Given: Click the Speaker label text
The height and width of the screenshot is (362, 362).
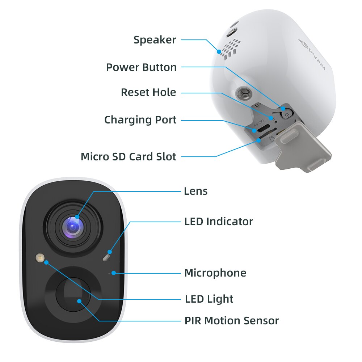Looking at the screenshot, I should point(155,40).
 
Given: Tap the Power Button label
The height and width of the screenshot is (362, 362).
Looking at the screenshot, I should point(141,67).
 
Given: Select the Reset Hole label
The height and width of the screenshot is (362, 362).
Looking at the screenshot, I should point(148,92).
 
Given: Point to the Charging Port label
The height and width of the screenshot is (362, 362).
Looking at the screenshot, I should point(140,120).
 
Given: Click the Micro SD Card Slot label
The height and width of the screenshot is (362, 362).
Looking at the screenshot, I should point(129,157).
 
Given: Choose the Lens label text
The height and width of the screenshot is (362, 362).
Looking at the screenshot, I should point(195,191).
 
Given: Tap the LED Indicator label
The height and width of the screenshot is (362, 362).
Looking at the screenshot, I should point(218,221).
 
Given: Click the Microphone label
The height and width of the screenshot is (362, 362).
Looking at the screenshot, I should point(215,273).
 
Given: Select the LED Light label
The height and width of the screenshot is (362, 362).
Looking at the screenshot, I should point(209,299).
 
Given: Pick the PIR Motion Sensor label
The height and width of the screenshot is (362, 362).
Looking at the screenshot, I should point(232,321).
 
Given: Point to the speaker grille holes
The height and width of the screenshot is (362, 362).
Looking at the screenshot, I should point(230,49).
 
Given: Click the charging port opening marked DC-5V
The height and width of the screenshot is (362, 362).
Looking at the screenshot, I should point(262,128).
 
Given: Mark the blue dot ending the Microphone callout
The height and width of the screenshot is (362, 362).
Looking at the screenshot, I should point(114,273).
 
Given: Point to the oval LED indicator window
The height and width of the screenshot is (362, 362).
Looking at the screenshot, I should point(106,257).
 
